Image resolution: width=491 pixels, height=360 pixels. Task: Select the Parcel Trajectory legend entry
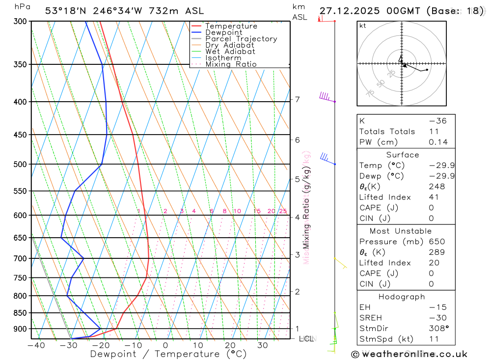click(x=241, y=39)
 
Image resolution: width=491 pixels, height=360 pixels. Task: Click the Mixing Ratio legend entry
click(x=230, y=64)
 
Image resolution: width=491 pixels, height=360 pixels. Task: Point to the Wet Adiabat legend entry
click(x=230, y=52)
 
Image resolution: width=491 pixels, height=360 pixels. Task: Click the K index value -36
click(x=437, y=121)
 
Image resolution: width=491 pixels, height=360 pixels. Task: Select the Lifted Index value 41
click(x=434, y=197)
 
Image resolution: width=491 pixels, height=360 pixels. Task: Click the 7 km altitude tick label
click(x=297, y=100)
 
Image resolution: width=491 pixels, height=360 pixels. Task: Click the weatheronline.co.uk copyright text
click(x=409, y=354)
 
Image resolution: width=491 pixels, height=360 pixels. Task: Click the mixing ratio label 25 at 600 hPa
click(x=283, y=211)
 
